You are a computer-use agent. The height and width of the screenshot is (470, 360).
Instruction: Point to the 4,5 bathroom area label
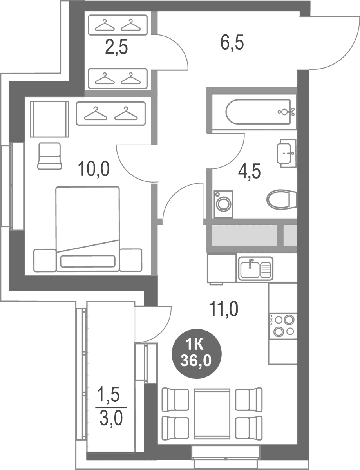[249, 171]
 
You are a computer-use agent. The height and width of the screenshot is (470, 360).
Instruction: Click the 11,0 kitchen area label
[224, 309]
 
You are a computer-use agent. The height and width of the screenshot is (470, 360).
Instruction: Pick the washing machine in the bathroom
[223, 204]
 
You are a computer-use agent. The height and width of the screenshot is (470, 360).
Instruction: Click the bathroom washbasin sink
[287, 153]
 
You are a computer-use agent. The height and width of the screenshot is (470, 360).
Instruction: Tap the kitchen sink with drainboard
[255, 268]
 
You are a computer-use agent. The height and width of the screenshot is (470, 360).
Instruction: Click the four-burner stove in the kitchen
[283, 326]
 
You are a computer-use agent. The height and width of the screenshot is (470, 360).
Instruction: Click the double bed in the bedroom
[88, 229]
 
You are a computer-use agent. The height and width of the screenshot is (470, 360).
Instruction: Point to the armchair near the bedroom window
[49, 155]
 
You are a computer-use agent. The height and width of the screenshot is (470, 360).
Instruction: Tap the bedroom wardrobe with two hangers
[111, 114]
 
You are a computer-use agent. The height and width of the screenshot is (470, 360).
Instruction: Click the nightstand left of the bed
[45, 260]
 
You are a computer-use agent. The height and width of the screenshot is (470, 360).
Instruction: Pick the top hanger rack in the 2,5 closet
[118, 25]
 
